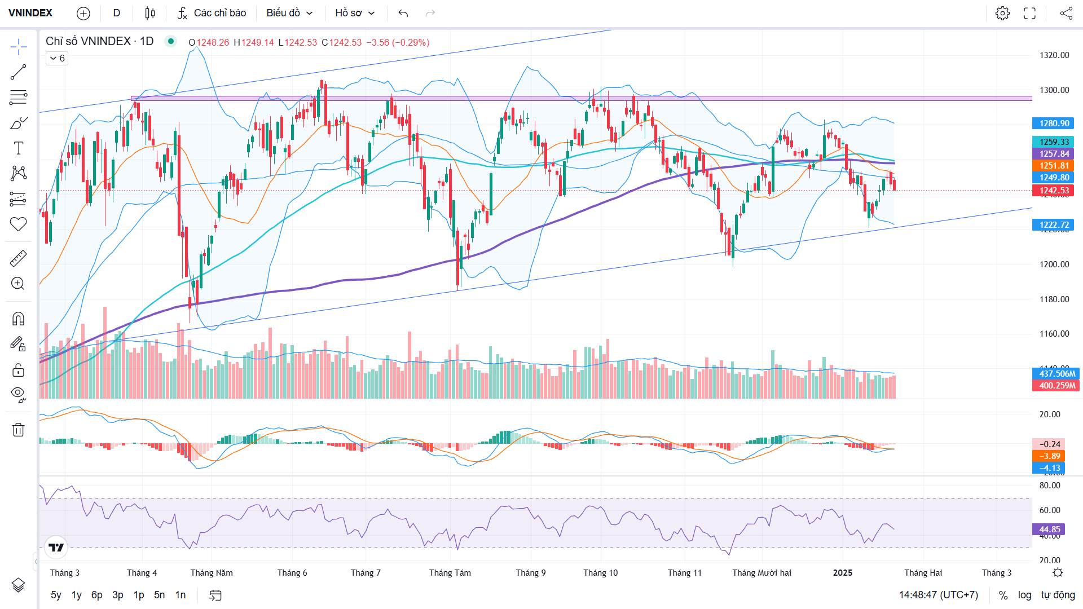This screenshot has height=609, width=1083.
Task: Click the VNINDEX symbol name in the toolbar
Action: [30, 13]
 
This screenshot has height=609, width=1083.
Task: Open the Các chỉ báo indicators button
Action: [212, 13]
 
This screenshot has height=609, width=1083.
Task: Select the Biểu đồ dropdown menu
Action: [289, 13]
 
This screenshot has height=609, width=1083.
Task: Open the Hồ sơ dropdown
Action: [355, 13]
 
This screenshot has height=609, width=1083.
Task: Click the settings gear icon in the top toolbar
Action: [1002, 13]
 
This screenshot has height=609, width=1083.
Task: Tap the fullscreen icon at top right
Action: [1029, 13]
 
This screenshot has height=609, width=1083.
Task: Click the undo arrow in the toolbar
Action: [403, 13]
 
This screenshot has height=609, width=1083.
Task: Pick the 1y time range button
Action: [76, 595]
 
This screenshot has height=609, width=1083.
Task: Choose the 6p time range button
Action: [96, 595]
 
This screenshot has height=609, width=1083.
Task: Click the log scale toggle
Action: [1024, 595]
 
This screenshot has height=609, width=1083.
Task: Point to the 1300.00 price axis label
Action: [1054, 90]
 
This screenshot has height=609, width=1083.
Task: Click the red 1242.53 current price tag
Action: [1054, 191]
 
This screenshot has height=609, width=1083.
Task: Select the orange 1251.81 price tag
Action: [1054, 166]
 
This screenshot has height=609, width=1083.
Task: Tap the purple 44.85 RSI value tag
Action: [1049, 529]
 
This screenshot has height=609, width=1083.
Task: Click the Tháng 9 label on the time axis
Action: [530, 573]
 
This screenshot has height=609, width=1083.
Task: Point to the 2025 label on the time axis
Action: [843, 573]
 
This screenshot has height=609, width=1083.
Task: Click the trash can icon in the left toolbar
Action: [18, 430]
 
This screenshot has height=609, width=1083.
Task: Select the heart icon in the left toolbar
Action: [18, 224]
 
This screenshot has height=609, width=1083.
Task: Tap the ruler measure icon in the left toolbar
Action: [18, 259]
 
